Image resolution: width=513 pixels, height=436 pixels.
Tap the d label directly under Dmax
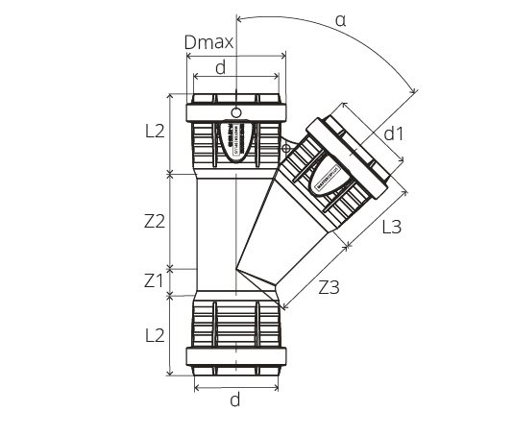(222, 67)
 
